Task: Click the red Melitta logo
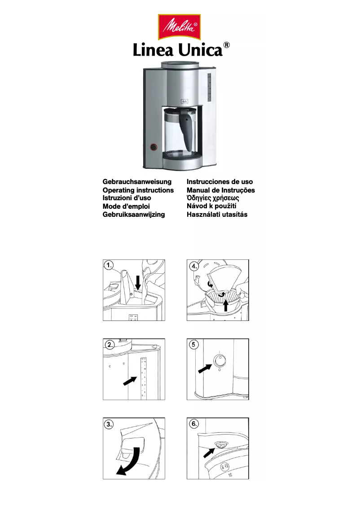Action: (x=180, y=26)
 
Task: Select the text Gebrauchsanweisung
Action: (x=137, y=182)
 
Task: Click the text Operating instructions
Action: (x=138, y=190)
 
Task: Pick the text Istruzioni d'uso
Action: (x=127, y=198)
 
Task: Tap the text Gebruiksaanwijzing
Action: (x=134, y=215)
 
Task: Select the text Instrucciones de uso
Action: (x=220, y=182)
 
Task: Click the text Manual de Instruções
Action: (x=220, y=190)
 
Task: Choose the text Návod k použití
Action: (x=211, y=206)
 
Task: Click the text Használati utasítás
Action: (x=217, y=215)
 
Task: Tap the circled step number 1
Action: (x=109, y=265)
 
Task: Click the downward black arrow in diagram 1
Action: (x=138, y=282)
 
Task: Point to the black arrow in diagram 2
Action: (x=130, y=381)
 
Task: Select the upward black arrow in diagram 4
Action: (x=226, y=305)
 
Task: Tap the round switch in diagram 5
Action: (x=219, y=360)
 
